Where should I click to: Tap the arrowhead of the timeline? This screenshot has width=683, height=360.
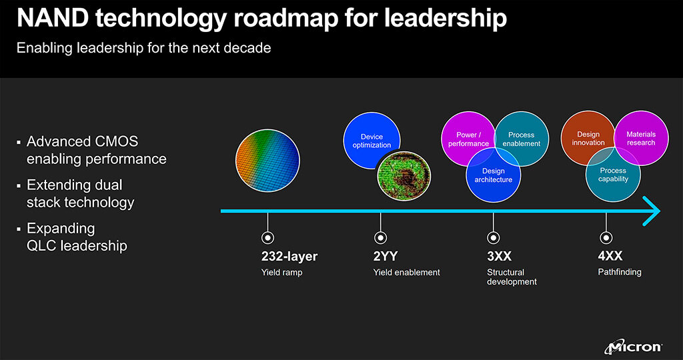(x=652, y=211)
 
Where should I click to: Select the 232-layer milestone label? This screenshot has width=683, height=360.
(x=289, y=257)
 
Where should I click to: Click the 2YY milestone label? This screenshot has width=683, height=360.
(x=386, y=256)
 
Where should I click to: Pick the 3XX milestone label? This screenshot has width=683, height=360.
(x=499, y=256)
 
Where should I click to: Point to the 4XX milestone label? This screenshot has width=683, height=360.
(x=610, y=255)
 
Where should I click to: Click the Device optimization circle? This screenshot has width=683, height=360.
(x=372, y=141)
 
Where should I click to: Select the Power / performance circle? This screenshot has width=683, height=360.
(x=469, y=139)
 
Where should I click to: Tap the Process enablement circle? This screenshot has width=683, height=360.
(x=522, y=139)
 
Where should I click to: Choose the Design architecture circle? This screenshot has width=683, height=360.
(x=494, y=175)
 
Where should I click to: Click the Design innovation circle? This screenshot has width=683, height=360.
(x=588, y=138)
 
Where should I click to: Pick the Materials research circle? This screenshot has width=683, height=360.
(x=641, y=138)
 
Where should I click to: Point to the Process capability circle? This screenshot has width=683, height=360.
(x=614, y=174)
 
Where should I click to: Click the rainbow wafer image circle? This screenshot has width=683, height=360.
(x=267, y=160)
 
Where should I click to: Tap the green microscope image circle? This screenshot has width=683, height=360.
(x=404, y=176)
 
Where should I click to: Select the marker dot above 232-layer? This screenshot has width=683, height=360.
(x=267, y=238)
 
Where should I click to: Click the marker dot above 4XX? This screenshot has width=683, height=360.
(x=606, y=238)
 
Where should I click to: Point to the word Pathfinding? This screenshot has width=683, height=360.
(x=620, y=272)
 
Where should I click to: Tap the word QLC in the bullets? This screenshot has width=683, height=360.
(x=41, y=245)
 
